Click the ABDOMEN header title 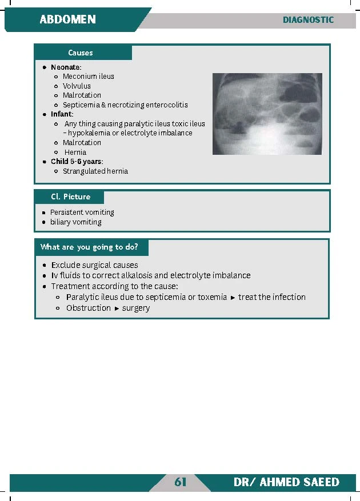tap(67, 19)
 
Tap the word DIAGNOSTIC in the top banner tap(308, 19)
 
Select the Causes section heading tap(80, 53)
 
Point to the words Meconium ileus tap(88, 77)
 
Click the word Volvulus tap(77, 86)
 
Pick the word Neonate tap(65, 67)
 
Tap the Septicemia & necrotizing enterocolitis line tap(125, 105)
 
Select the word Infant tap(61, 114)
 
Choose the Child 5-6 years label tap(76, 162)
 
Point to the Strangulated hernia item tap(95, 171)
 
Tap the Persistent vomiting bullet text tap(82, 213)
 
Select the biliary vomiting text tap(75, 222)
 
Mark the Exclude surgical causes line tap(94, 265)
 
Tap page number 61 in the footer tap(181, 483)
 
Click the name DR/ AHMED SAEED tap(286, 483)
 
